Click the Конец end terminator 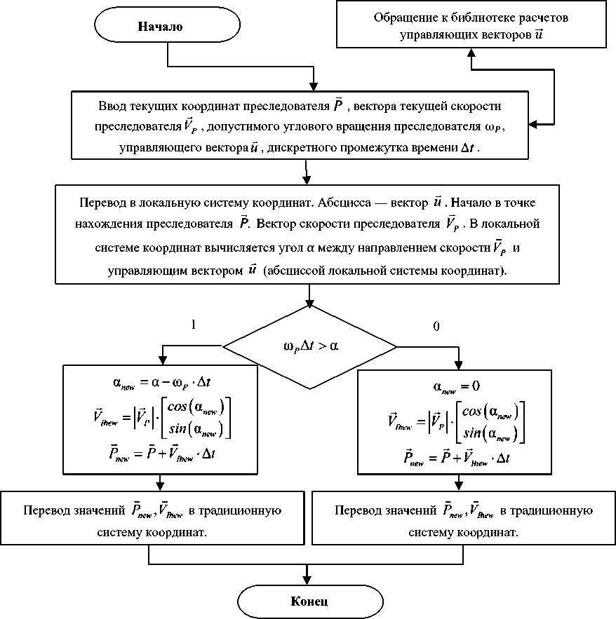(x=309, y=601)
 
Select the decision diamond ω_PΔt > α (x=309, y=346)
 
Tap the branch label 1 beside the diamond (x=192, y=325)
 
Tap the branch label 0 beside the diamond (x=436, y=327)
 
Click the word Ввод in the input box (x=114, y=107)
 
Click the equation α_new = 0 (x=456, y=386)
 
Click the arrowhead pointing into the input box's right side (x=533, y=125)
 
